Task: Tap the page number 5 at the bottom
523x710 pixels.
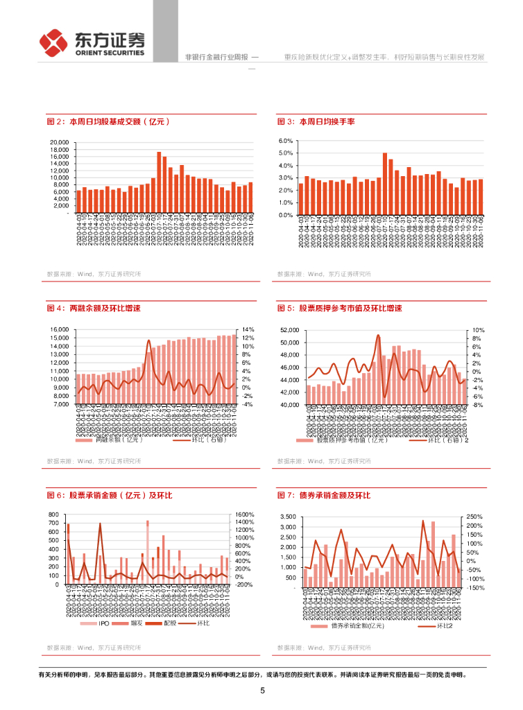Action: tap(262, 691)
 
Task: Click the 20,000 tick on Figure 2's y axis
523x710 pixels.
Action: tap(60, 143)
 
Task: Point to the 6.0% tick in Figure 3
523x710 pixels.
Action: tap(286, 141)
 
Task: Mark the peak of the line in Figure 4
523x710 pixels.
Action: tap(148, 340)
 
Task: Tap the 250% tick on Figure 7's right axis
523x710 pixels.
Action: tap(475, 517)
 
